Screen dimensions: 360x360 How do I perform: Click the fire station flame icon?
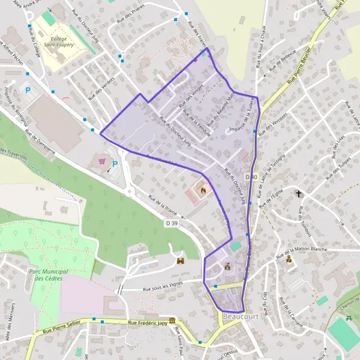tap(203, 190)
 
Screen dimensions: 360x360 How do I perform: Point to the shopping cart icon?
tap(102, 161)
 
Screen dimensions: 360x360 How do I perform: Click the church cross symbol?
tap(299, 194)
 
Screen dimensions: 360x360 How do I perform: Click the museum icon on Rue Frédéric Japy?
tap(172, 320)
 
